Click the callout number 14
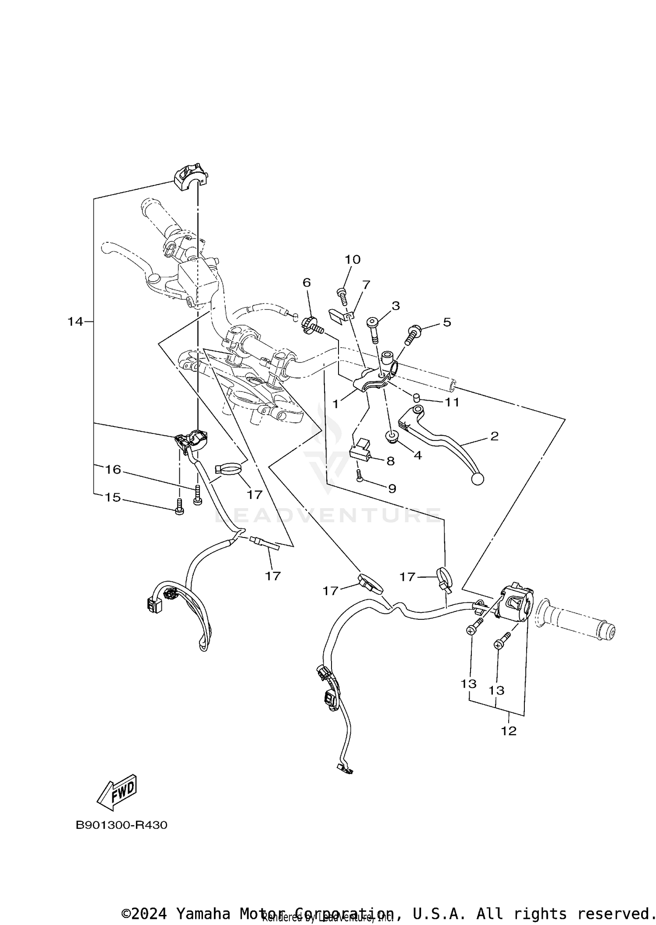(x=75, y=322)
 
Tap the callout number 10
(x=352, y=260)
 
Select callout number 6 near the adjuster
(x=307, y=283)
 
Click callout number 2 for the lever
(x=495, y=436)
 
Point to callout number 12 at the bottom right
(x=509, y=731)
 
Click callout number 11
(x=452, y=402)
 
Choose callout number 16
(x=113, y=470)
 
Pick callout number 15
(x=112, y=498)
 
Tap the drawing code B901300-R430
(x=122, y=825)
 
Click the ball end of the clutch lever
(x=478, y=479)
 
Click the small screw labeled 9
(x=359, y=475)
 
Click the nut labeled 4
(x=391, y=436)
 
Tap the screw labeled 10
(x=342, y=297)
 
